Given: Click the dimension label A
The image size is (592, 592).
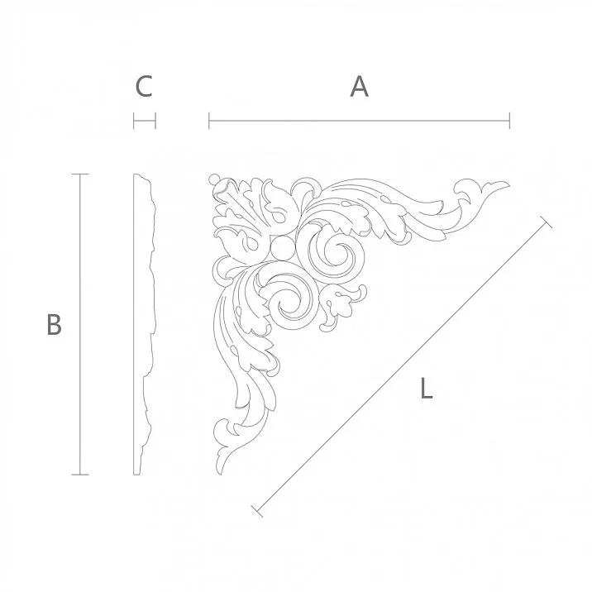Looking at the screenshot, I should point(359,87).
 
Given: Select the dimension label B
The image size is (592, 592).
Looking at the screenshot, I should point(54,325).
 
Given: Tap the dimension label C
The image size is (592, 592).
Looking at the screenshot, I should point(144,87).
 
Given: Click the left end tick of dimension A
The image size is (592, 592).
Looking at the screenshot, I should point(209,122).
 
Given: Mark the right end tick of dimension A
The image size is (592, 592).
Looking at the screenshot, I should point(509,122).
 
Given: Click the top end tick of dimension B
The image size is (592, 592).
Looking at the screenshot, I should point(79,174).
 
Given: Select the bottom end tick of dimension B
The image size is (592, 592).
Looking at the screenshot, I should point(79,475).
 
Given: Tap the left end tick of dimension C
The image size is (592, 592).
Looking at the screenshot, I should point(134,122).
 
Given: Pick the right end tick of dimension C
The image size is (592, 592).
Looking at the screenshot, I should point(155,122).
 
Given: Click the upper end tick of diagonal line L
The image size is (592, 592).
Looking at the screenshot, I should point(545,222).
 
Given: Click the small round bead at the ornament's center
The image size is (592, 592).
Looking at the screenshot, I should point(280,247).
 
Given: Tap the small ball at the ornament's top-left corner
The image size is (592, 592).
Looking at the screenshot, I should point(215,179).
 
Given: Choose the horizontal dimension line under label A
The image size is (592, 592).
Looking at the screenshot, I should point(359,122).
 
